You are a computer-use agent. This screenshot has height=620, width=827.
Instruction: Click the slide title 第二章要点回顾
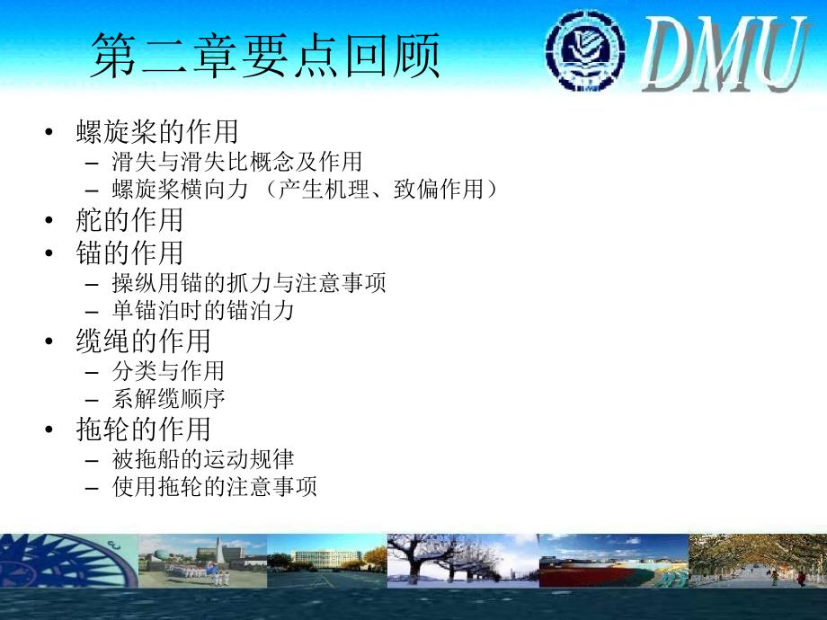point(265,56)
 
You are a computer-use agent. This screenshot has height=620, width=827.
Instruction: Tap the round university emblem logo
point(585,52)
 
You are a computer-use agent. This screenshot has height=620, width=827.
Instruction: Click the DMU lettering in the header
point(725,54)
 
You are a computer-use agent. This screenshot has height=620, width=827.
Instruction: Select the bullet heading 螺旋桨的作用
point(157,132)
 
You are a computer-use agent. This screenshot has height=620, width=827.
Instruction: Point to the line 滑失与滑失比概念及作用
point(236,162)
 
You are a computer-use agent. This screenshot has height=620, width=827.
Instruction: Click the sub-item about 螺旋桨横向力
point(305,189)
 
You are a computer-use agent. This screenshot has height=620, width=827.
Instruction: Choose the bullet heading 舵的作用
point(129,220)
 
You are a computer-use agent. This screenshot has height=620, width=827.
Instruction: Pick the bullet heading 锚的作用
point(129,252)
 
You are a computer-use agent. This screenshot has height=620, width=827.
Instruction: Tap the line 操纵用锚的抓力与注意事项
point(248,282)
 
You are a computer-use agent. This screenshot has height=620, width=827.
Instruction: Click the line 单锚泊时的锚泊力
point(203,310)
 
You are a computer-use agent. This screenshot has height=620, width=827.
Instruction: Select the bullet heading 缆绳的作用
point(144,341)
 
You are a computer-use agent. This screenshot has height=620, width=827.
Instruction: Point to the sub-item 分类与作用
point(168,370)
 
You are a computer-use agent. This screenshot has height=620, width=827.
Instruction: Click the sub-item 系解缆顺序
point(168,398)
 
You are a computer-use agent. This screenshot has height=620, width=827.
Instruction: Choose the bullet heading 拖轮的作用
point(144,429)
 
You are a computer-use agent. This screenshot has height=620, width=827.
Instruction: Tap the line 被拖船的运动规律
point(203,458)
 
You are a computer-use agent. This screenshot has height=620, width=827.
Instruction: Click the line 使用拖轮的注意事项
point(214,486)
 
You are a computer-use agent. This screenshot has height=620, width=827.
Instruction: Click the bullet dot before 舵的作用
point(49,220)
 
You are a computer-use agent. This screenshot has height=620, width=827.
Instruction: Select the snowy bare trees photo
point(463,561)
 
